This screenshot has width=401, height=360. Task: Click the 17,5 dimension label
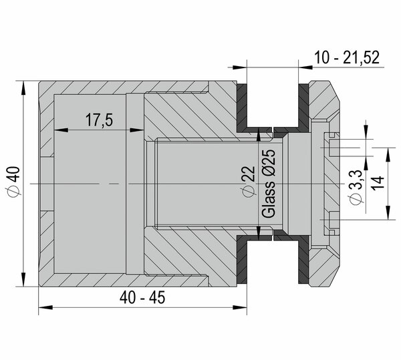point(99,120)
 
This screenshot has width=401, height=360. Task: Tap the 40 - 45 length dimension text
point(142,297)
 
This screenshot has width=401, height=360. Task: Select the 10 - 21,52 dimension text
point(346,57)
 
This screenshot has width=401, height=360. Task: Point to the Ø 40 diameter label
point(13,181)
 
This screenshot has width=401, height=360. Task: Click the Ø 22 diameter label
point(249,182)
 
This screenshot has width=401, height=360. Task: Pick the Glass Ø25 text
point(269,184)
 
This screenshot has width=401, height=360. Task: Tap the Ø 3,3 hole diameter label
point(356,187)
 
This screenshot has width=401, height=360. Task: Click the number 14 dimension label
point(378,182)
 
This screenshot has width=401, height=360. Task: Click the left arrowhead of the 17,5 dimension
point(61,130)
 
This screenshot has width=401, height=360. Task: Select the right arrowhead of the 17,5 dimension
point(137,130)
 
